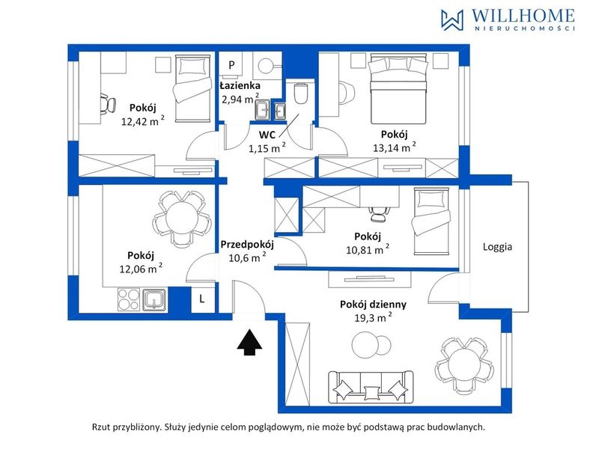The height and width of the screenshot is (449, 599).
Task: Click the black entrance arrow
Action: pyautogui.click(x=249, y=343)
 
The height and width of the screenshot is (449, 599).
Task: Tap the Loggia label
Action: pyautogui.click(x=497, y=247)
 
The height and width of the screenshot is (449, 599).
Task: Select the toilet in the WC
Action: pyautogui.click(x=301, y=94)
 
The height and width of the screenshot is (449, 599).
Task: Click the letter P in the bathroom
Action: pyautogui.click(x=231, y=65)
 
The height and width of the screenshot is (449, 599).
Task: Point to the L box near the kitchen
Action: pyautogui.click(x=202, y=299)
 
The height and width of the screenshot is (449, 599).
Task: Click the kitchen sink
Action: pyautogui.click(x=154, y=299)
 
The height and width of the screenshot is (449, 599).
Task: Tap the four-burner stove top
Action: pyautogui.click(x=129, y=299)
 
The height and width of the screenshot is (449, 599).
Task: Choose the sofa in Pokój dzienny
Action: pyautogui.click(x=371, y=387)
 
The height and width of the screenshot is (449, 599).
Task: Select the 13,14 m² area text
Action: pyautogui.click(x=395, y=147)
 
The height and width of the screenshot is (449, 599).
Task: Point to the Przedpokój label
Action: pyautogui.click(x=247, y=244)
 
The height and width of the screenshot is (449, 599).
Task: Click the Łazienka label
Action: pyautogui.click(x=240, y=85)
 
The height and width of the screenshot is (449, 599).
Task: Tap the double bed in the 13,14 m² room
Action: pyautogui.click(x=398, y=88)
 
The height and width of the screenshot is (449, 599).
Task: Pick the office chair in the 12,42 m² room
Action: pyautogui.click(x=107, y=103)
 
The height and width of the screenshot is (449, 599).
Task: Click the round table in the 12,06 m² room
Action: pyautogui.click(x=180, y=218)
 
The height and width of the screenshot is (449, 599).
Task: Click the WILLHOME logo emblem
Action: pyautogui.click(x=452, y=20)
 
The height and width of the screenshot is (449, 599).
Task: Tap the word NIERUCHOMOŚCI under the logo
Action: pyautogui.click(x=525, y=28)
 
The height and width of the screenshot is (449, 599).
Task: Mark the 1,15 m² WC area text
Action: pyautogui.click(x=267, y=148)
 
